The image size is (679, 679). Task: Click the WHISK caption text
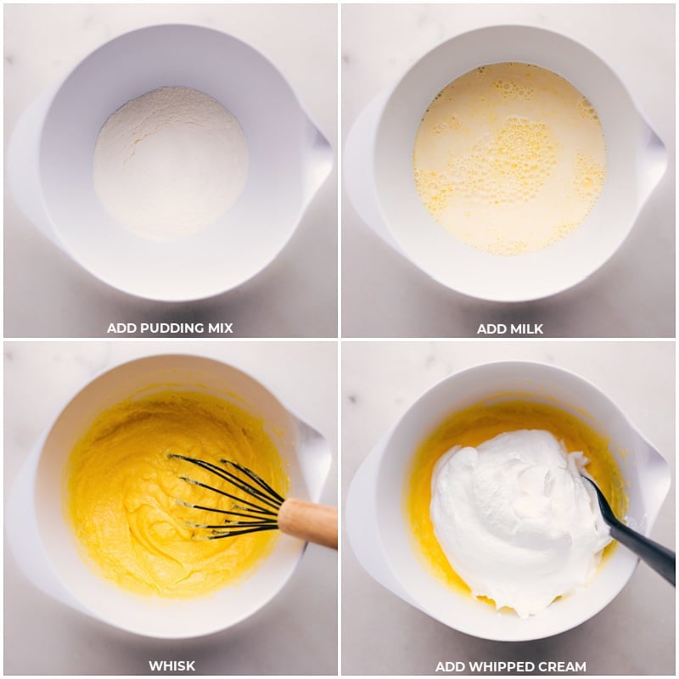172,665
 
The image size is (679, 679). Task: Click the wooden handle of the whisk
307,522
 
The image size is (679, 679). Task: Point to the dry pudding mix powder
171,162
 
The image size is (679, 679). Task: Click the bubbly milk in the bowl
510,160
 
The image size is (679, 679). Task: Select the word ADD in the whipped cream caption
449,666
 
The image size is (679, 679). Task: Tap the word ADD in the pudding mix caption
121,328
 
